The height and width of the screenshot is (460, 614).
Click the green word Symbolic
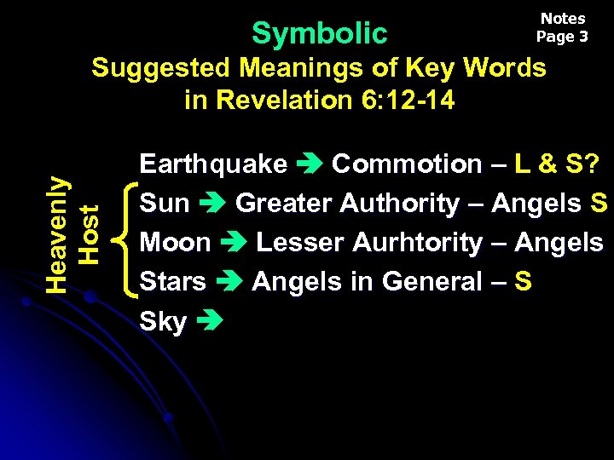click(x=320, y=33)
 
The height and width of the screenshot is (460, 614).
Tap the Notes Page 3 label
click(x=563, y=27)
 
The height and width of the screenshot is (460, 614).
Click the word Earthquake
click(x=213, y=164)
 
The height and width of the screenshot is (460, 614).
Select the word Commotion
click(x=406, y=164)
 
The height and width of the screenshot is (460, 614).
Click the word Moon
click(x=175, y=243)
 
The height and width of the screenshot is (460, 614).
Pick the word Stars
click(x=172, y=282)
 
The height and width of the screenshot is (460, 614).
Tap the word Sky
click(x=163, y=322)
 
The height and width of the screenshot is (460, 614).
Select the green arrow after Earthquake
click(x=310, y=164)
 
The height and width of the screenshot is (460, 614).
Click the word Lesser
click(x=294, y=243)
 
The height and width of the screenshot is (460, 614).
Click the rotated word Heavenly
click(x=57, y=235)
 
